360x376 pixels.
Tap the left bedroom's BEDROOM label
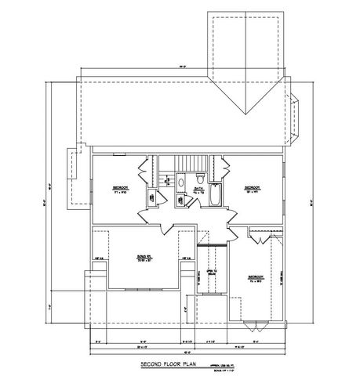pos(119,189)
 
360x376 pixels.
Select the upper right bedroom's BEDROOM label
pos(252,188)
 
